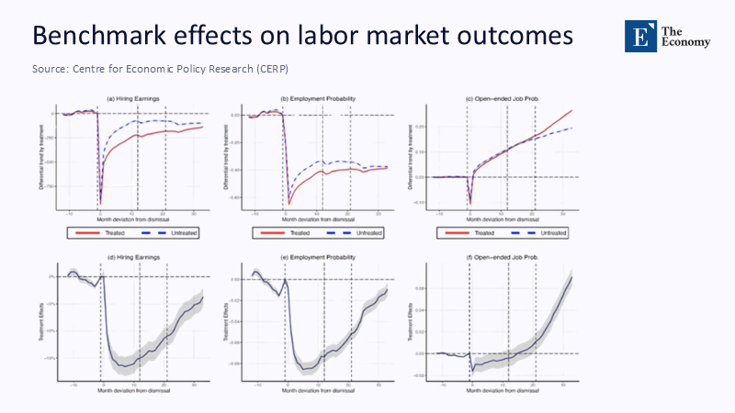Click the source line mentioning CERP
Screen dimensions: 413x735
click(x=166, y=70)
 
